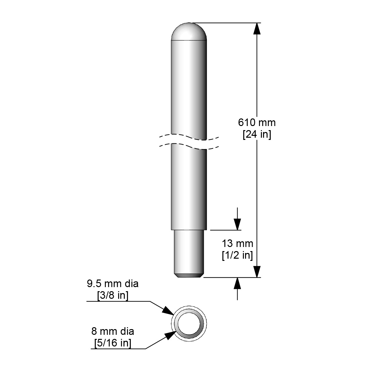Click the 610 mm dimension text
(257, 123)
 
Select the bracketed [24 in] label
(257, 135)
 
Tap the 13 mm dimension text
(238, 244)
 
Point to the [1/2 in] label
(238, 255)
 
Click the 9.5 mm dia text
(113, 284)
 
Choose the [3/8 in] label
(113, 295)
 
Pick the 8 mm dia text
(113, 331)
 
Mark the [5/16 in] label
(113, 343)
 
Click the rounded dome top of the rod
(189, 32)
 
